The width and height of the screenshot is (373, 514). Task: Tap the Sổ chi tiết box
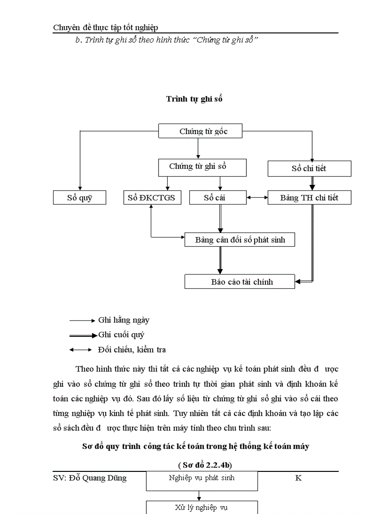tap(309, 168)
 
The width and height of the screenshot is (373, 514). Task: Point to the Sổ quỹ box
tap(80, 198)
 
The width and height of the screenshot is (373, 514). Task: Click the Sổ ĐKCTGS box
tap(152, 198)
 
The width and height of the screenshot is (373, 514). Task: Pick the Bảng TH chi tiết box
tap(309, 198)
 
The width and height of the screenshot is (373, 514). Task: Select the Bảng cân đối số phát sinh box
tap(240, 239)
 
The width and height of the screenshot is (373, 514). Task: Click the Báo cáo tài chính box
tap(240, 281)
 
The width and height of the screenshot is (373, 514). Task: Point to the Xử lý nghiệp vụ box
tap(202, 507)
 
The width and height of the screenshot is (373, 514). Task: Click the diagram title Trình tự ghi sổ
tap(194, 99)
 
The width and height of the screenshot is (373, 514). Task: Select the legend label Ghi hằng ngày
tap(123, 320)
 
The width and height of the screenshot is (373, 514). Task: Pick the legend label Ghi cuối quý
tap(121, 335)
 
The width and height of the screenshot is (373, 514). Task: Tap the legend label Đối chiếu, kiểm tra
tap(132, 350)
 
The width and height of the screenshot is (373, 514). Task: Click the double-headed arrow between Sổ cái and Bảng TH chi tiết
tap(257, 198)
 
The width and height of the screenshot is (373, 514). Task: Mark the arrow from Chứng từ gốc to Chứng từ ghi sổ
tap(198, 148)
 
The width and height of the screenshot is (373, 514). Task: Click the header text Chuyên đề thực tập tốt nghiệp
tap(106, 27)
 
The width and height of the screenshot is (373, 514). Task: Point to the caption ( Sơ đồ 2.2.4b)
tap(205, 465)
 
